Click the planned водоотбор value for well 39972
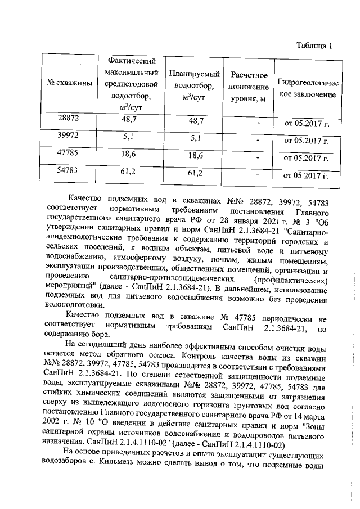click(196, 138)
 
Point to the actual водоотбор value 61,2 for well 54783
click(129, 172)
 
